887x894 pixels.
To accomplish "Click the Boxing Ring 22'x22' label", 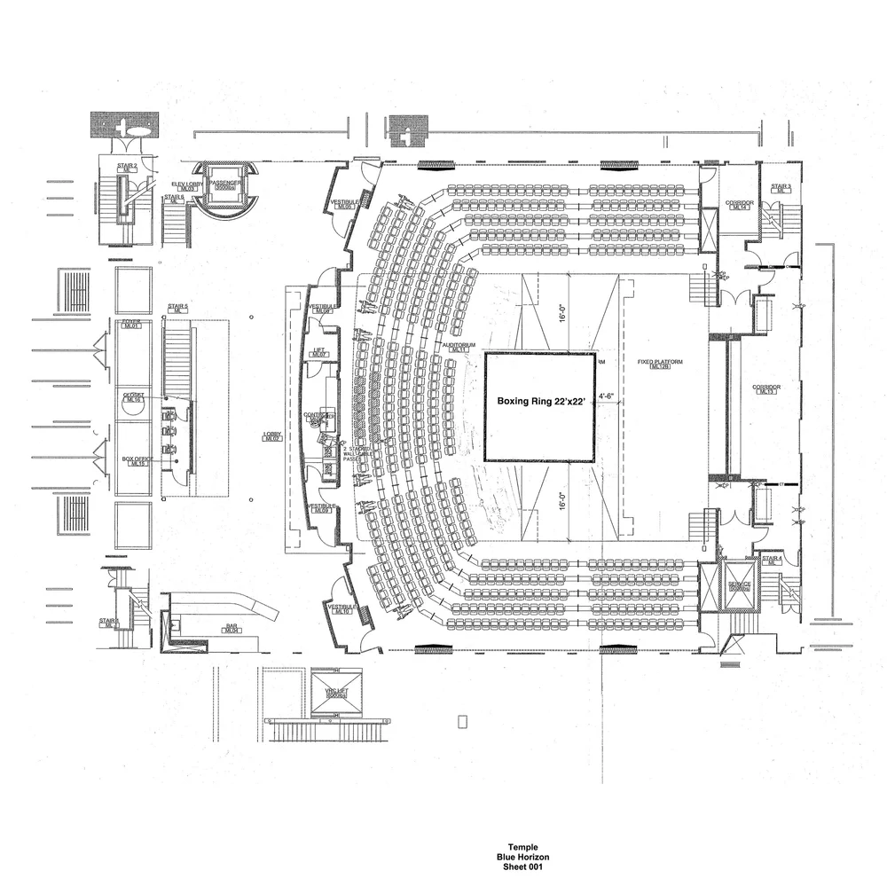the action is [540, 402].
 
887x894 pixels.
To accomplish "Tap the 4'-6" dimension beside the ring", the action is [607, 396].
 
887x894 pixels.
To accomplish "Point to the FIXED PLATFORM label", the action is [658, 364].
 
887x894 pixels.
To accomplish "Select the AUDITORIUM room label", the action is [459, 346].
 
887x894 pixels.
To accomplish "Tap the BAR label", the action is [232, 628].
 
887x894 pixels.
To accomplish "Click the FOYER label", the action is [133, 323].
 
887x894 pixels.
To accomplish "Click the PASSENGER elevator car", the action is [224, 182].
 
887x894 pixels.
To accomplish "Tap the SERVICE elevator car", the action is [739, 587].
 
